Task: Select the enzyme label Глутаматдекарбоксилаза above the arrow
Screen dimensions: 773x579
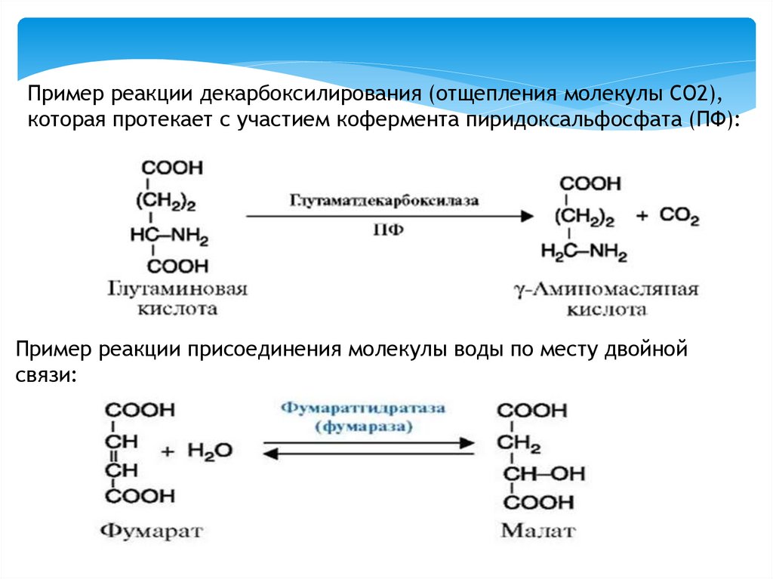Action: pyautogui.click(x=384, y=201)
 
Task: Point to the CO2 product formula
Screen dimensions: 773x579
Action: pyautogui.click(x=679, y=217)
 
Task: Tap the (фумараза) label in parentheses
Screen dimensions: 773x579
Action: pyautogui.click(x=365, y=427)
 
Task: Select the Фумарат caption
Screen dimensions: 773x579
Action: pyautogui.click(x=152, y=530)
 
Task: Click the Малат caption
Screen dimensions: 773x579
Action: pyautogui.click(x=537, y=530)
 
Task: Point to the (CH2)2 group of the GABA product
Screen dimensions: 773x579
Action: pyautogui.click(x=584, y=217)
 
